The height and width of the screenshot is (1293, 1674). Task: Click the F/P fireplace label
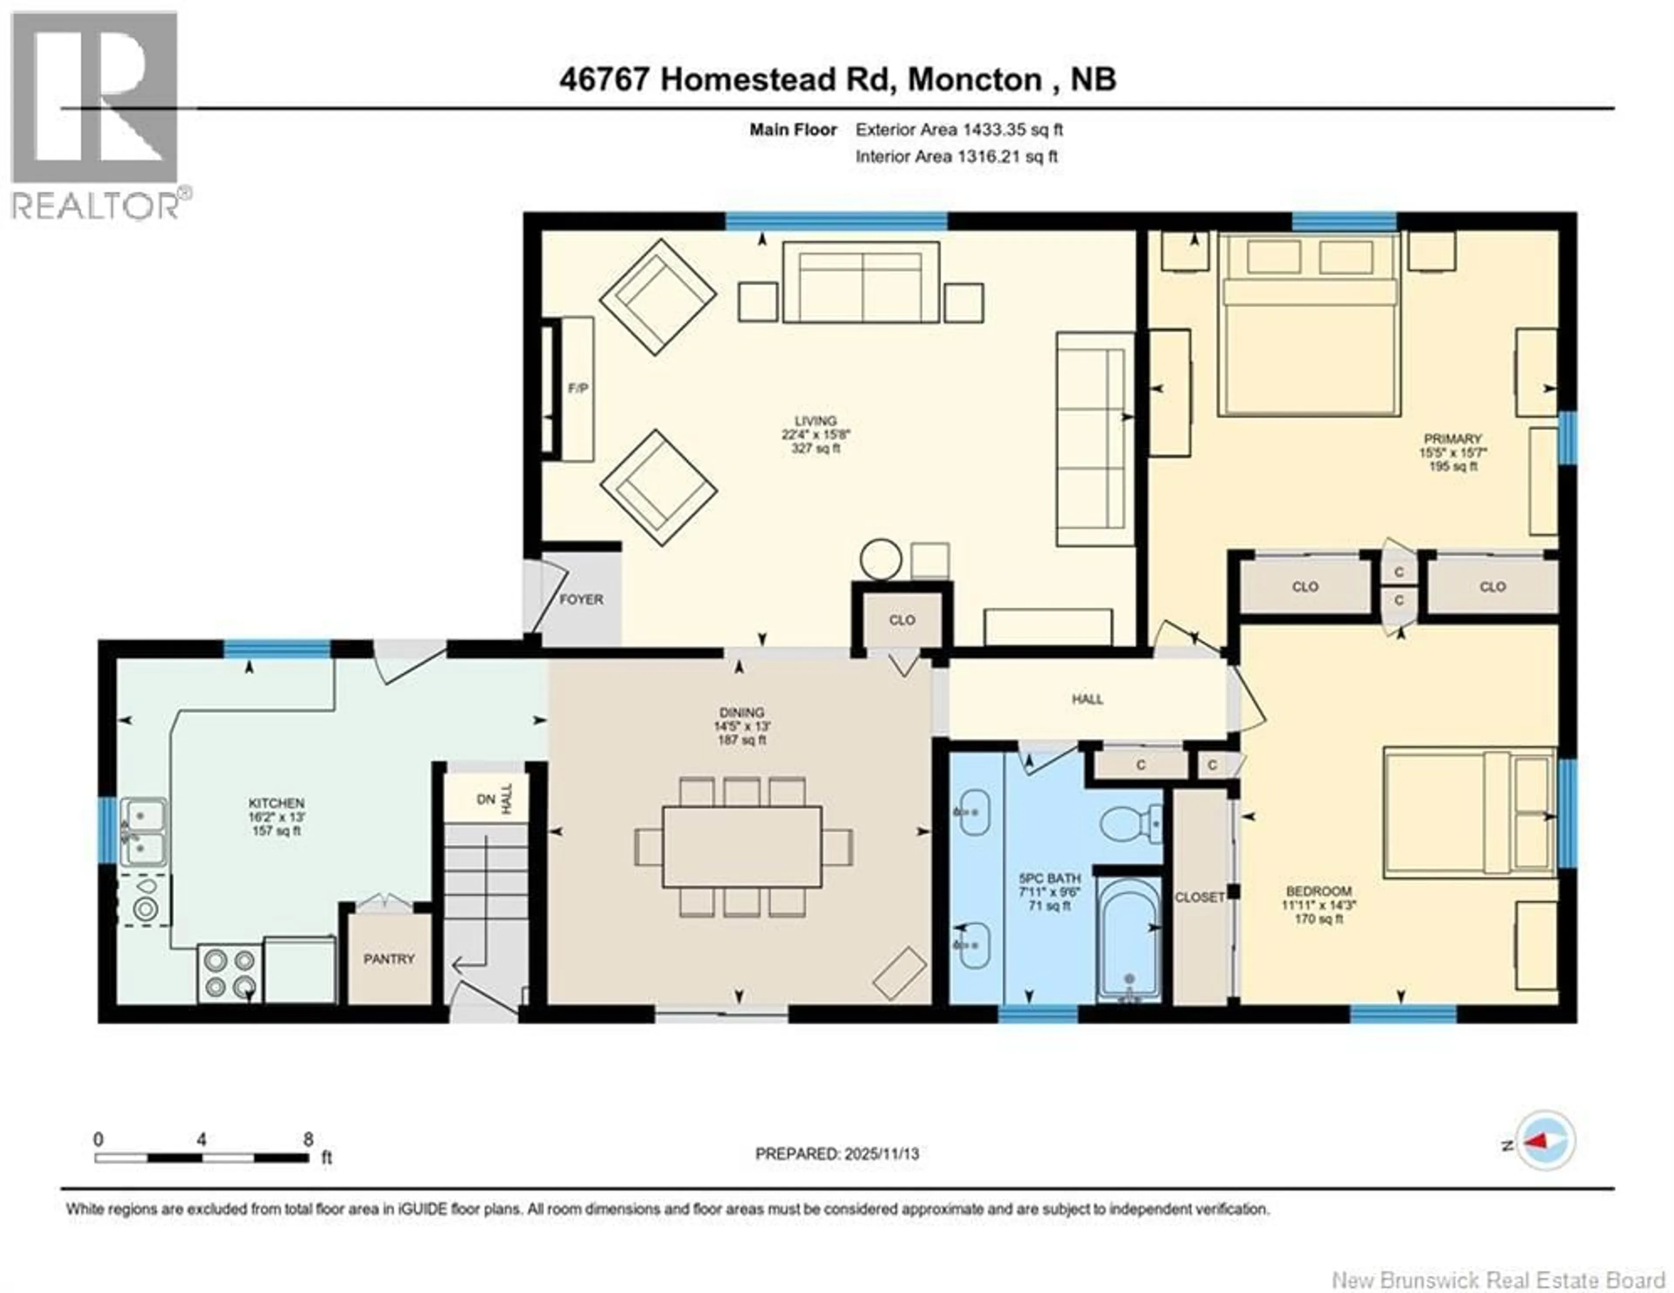click(x=578, y=389)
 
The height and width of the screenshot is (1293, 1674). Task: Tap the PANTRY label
click(x=388, y=959)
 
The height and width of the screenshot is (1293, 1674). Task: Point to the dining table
click(x=742, y=847)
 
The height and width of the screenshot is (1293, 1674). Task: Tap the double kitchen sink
click(x=143, y=832)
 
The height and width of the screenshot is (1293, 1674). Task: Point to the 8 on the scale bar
click(x=308, y=1139)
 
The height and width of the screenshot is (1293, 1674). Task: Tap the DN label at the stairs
click(x=485, y=799)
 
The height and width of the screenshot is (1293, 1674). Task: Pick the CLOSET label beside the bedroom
click(x=1200, y=897)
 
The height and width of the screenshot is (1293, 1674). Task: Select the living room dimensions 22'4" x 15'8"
click(x=816, y=434)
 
